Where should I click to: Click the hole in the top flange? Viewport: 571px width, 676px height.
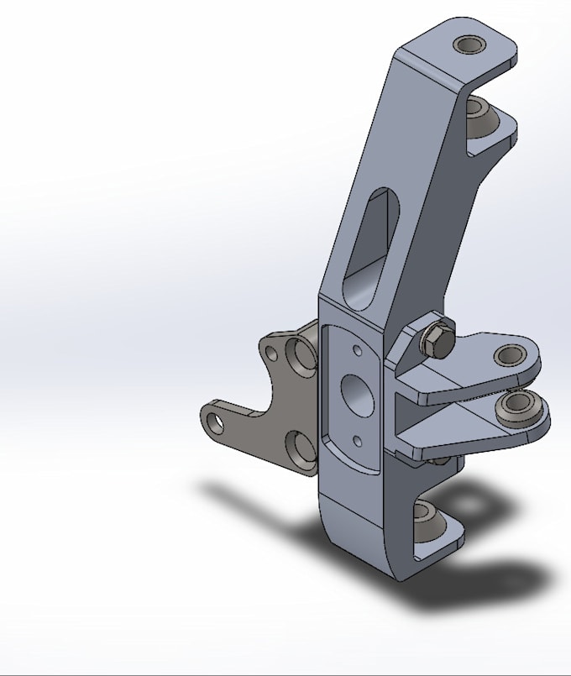468,44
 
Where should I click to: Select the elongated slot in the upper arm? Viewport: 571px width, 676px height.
367,239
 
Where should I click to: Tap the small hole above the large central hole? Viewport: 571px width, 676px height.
358,350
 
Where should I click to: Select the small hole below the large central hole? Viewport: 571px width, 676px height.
358,439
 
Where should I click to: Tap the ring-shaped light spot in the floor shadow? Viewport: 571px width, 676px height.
474,501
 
